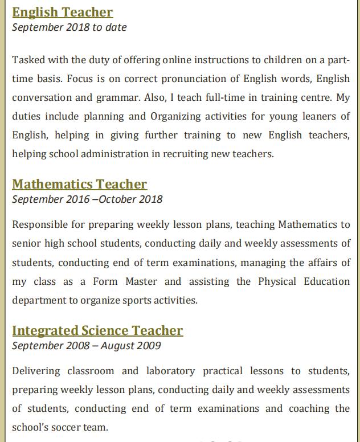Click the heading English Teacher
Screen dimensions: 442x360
(x=62, y=12)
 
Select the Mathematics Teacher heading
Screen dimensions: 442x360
(x=79, y=184)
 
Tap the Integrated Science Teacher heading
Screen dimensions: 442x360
(x=97, y=330)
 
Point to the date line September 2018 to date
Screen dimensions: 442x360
(x=69, y=27)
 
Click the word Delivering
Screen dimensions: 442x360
(x=36, y=371)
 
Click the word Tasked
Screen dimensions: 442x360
(x=27, y=60)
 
